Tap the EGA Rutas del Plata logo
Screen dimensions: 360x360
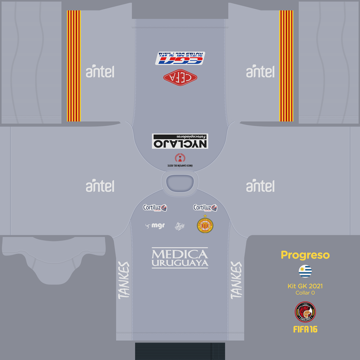(x=180, y=58)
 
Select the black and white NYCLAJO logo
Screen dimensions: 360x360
(x=180, y=141)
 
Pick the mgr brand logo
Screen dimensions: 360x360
(x=155, y=226)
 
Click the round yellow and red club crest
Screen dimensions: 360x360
(x=205, y=225)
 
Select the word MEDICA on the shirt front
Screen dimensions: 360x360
(x=180, y=254)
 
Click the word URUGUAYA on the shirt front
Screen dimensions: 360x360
(x=180, y=263)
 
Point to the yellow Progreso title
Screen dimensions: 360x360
(x=305, y=255)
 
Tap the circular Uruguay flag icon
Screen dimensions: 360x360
(x=305, y=271)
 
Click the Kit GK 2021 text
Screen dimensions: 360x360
(x=305, y=286)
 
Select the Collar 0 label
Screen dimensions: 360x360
(x=305, y=292)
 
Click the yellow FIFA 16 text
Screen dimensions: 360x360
(x=305, y=329)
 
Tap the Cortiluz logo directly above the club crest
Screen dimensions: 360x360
(x=205, y=208)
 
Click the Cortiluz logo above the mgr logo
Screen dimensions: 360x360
(x=155, y=208)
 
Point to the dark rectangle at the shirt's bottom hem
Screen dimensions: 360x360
(x=180, y=351)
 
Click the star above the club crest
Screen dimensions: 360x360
(x=205, y=216)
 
